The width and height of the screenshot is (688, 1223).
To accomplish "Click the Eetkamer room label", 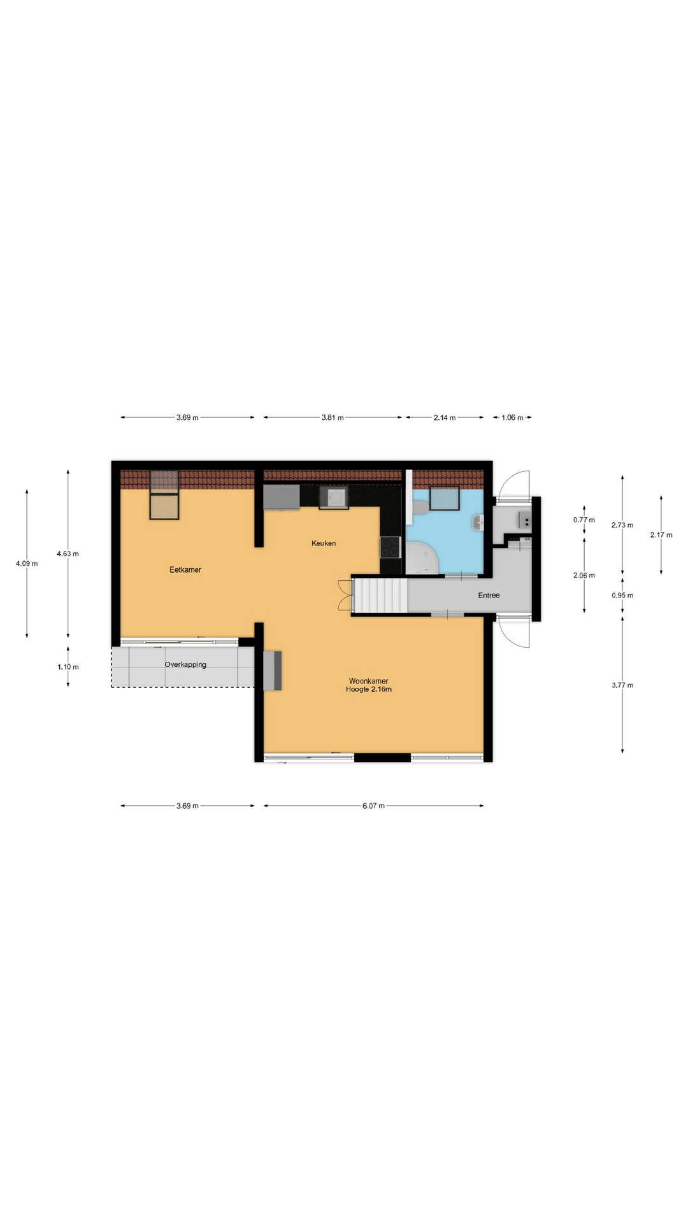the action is [x=185, y=569].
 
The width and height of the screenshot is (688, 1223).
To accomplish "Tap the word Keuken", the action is [x=324, y=543].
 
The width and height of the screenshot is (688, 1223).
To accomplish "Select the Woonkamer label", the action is [x=369, y=681].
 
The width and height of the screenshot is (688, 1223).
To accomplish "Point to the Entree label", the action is [x=489, y=596].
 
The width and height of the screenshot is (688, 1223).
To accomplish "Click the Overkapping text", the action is [x=185, y=664].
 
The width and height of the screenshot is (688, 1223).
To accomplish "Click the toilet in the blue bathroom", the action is [x=420, y=507].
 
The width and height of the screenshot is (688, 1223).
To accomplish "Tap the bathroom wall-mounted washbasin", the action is [x=478, y=523].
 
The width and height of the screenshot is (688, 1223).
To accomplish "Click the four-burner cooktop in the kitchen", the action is [x=390, y=547].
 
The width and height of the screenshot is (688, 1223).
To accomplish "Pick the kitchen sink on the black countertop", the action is [x=334, y=497].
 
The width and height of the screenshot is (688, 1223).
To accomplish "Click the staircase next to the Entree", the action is [x=380, y=596].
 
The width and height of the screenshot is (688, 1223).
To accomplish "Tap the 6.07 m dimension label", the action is [x=373, y=806].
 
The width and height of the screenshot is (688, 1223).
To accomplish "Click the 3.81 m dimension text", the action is [x=333, y=418].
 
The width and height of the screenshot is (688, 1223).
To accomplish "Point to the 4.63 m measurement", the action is [x=68, y=554].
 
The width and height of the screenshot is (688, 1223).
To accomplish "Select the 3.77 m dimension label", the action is [x=622, y=685].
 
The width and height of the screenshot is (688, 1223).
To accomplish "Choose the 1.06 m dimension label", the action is [x=512, y=418].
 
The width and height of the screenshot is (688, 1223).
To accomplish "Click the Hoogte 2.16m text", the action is [x=369, y=689].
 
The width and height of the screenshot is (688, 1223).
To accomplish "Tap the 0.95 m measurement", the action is [x=622, y=596].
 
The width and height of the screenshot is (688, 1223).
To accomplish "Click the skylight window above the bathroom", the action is [x=445, y=498].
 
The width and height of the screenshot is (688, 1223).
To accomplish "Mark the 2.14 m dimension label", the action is [x=445, y=418].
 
